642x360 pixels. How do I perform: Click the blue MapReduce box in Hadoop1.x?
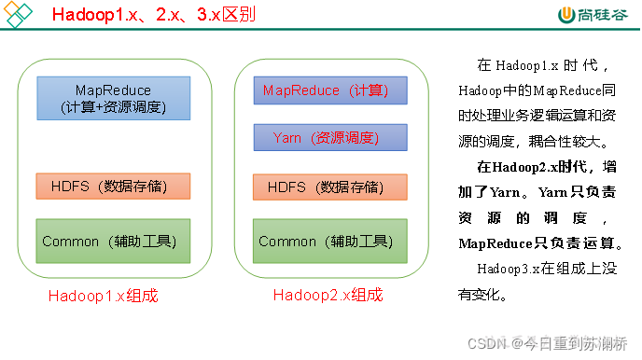pyautogui.click(x=113, y=97)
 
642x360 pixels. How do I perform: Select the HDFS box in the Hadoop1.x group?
pyautogui.click(x=113, y=187)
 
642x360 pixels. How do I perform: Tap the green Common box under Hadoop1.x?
pyautogui.click(x=113, y=241)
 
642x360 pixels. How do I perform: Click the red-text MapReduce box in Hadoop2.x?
pyautogui.click(x=330, y=90)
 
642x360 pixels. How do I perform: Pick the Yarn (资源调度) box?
pyautogui.click(x=330, y=137)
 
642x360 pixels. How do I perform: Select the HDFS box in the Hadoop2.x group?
pyautogui.click(x=330, y=187)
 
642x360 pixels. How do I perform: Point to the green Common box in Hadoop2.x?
pyautogui.click(x=330, y=241)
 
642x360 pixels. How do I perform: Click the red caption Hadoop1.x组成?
pyautogui.click(x=103, y=296)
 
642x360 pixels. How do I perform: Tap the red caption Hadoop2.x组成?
pyautogui.click(x=328, y=296)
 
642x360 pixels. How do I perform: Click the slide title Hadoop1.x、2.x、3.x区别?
pyautogui.click(x=154, y=16)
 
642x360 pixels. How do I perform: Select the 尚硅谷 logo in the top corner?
pyautogui.click(x=596, y=15)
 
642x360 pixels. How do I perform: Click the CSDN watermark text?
pyautogui.click(x=485, y=343)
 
